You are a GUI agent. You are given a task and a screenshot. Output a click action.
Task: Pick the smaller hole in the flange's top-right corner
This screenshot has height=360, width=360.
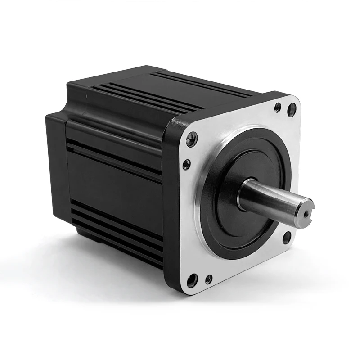278,107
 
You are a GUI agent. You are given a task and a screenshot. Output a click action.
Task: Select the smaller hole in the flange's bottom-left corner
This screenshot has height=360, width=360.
208,279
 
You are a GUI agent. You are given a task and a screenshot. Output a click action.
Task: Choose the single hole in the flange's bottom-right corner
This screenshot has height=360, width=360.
286,237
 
